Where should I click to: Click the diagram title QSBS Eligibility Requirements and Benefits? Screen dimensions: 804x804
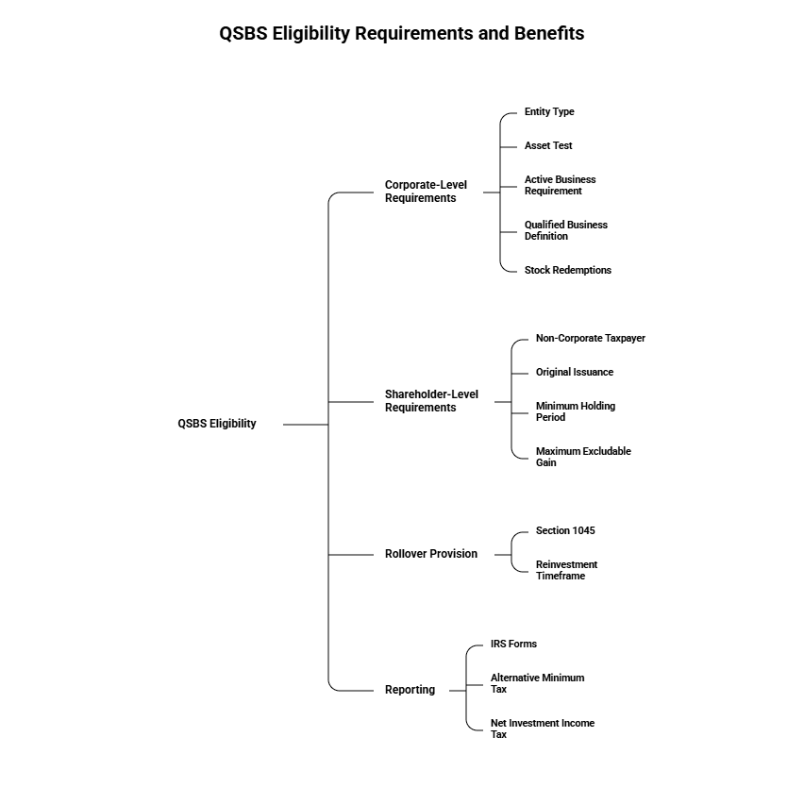(x=402, y=34)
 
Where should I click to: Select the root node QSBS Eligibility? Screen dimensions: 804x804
(x=217, y=424)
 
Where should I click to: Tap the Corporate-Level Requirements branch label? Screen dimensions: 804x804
(x=426, y=192)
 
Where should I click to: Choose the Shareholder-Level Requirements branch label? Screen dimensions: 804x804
(x=431, y=401)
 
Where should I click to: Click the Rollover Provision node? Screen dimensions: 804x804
(x=431, y=554)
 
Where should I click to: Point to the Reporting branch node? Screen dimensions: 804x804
(x=410, y=690)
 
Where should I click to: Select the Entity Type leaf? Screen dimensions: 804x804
(x=549, y=112)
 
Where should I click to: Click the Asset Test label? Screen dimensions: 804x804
(x=548, y=146)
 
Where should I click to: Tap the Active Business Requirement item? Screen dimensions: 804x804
(x=560, y=185)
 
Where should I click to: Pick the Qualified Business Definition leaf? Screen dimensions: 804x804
(x=565, y=230)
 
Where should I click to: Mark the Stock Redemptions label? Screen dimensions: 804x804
(x=567, y=271)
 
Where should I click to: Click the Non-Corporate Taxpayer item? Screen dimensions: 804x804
(x=590, y=339)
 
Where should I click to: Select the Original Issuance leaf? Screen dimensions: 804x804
(x=574, y=373)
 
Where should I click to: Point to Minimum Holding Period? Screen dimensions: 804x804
(x=575, y=411)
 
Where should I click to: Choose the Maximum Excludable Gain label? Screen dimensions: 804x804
(x=582, y=457)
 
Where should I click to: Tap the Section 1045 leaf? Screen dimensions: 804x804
(x=565, y=531)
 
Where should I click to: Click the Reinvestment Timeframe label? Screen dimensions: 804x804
(x=566, y=570)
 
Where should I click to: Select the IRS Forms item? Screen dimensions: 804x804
(x=513, y=645)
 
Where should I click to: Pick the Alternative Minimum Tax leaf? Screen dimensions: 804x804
(x=537, y=683)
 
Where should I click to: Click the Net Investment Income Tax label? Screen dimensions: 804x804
(x=542, y=729)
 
